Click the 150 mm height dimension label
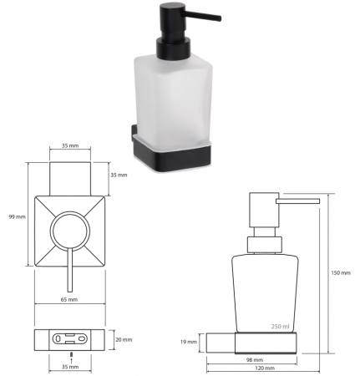341,273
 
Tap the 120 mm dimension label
265,368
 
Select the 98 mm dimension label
255,360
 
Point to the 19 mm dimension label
189,342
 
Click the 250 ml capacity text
281,327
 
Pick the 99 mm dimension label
18,216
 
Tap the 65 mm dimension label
69,300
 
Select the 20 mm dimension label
124,340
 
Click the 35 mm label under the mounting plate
70,367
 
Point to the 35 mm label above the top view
70,145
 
